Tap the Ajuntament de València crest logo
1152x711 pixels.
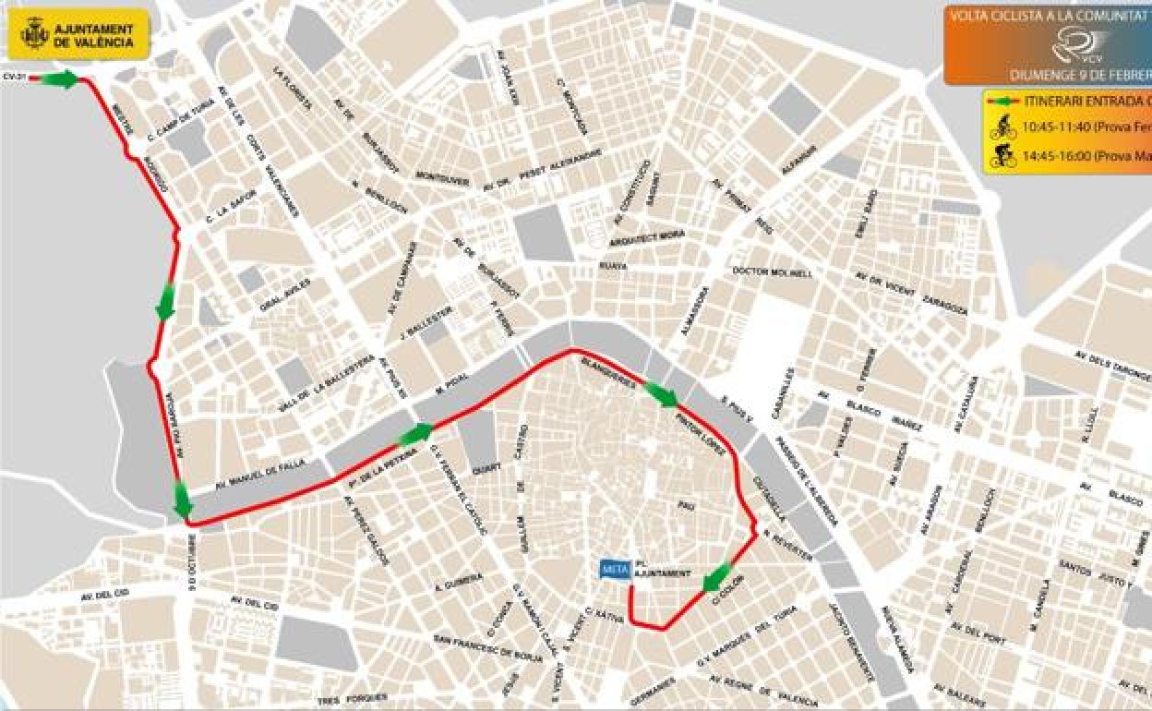click(34, 35)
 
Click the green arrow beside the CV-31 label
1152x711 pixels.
click(60, 79)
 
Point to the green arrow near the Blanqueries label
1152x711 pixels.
click(661, 394)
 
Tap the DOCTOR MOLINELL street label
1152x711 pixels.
click(773, 272)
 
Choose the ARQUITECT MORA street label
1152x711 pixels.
click(647, 238)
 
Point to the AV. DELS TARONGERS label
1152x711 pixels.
click(1112, 366)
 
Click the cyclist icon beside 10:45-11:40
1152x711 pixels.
click(1003, 127)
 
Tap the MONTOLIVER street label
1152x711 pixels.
click(442, 178)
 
